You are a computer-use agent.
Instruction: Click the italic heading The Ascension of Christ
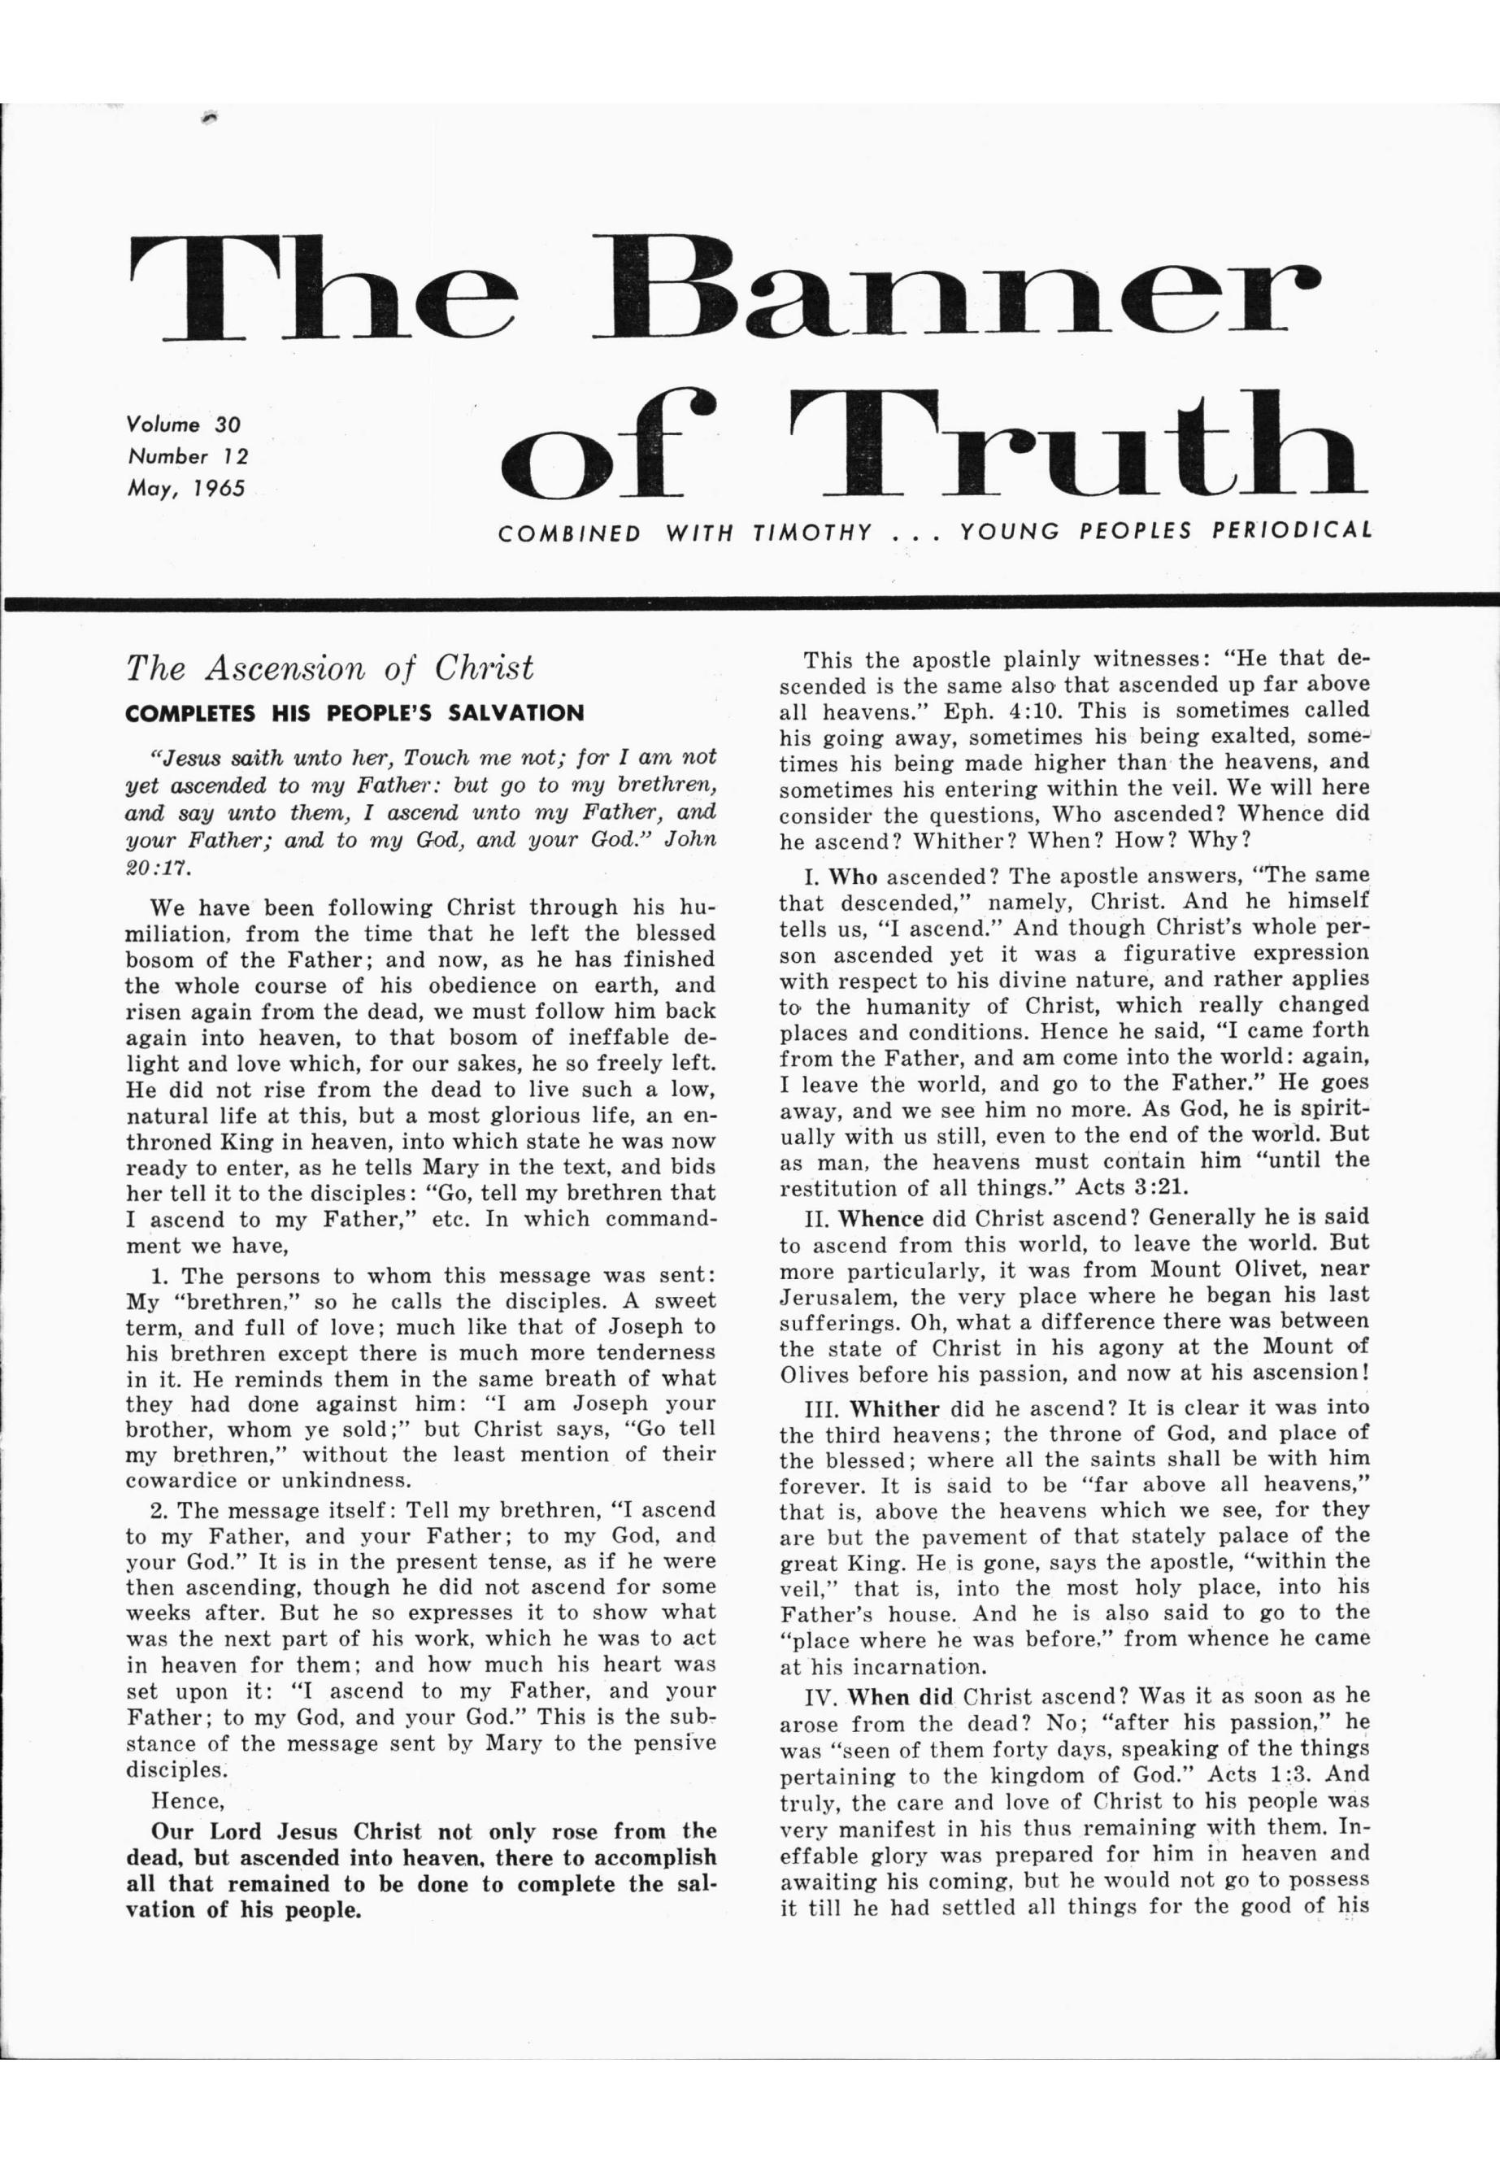tap(330, 668)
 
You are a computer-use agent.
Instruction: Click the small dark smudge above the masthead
tap(209, 116)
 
